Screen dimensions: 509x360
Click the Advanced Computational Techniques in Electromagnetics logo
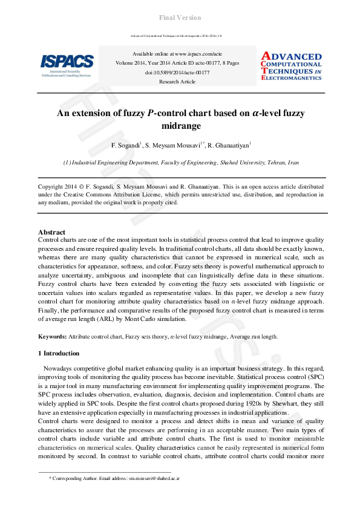point(291,65)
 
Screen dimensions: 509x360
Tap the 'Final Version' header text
point(180,18)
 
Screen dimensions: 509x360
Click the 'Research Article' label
point(177,81)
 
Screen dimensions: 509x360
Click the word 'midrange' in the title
point(180,126)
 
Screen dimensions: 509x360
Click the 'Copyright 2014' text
point(59,187)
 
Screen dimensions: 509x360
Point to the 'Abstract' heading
point(51,232)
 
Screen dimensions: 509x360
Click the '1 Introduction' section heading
point(59,353)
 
